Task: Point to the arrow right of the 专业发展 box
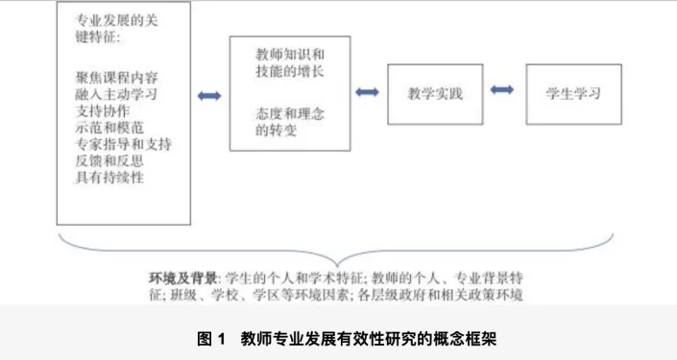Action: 209,95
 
